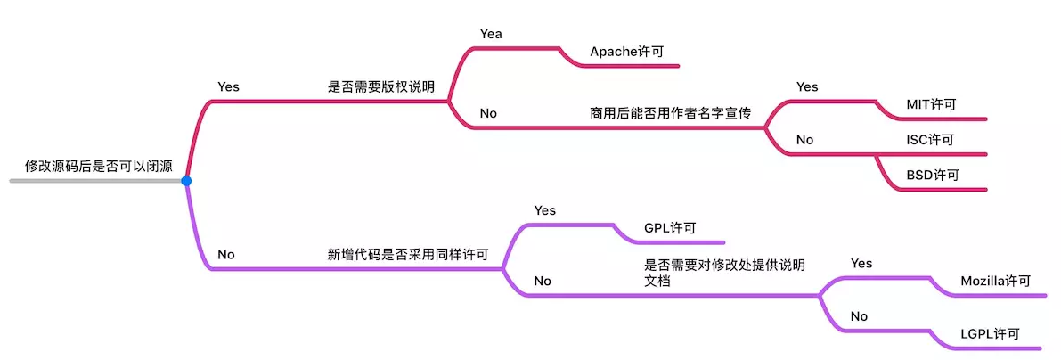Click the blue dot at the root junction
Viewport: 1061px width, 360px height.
click(x=186, y=181)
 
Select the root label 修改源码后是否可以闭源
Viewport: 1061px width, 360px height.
click(x=99, y=166)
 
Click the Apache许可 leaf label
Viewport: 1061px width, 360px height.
click(x=626, y=52)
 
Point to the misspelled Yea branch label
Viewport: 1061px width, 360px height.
click(x=491, y=33)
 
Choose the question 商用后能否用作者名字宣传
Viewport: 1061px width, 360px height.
click(x=671, y=113)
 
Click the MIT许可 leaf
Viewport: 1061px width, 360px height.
click(x=931, y=105)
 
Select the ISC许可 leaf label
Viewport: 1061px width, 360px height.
click(x=930, y=140)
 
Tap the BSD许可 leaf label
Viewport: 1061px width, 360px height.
click(x=933, y=175)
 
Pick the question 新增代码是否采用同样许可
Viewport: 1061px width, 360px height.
click(x=408, y=255)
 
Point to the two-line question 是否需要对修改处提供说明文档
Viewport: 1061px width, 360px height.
click(x=724, y=272)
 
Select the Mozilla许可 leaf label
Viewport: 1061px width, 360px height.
click(x=995, y=281)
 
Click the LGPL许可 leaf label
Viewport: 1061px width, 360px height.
click(x=990, y=333)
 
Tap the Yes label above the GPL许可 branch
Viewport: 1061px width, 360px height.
click(x=544, y=210)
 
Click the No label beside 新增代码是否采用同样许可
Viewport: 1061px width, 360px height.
click(x=226, y=255)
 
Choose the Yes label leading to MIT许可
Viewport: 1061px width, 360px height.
click(x=807, y=86)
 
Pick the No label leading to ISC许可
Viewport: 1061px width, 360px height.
click(x=804, y=140)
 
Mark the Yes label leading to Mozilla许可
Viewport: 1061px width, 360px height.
click(x=861, y=263)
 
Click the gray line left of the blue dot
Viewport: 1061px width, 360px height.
click(x=97, y=181)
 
